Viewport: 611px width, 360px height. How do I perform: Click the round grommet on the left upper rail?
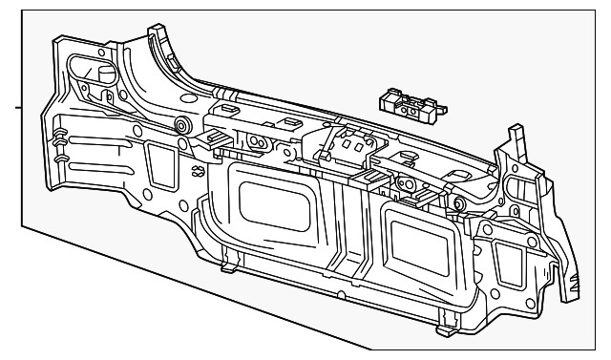click(x=179, y=127)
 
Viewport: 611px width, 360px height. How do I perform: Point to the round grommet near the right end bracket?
click(x=460, y=202)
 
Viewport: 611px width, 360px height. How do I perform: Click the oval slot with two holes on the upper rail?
click(x=256, y=141)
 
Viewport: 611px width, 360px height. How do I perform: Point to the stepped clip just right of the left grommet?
click(x=215, y=138)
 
